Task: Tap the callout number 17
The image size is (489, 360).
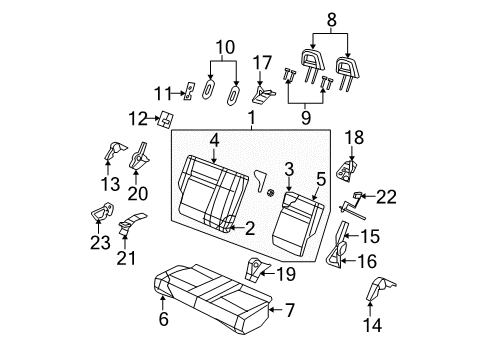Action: pos(262,62)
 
